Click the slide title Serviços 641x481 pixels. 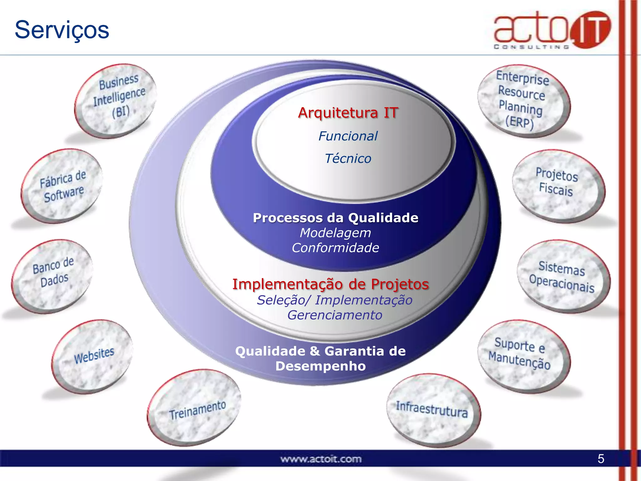tap(62, 30)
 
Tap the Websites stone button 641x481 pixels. tap(93, 356)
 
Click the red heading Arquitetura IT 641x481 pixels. tap(348, 113)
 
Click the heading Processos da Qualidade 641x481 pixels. tap(336, 218)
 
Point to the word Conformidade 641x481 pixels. tap(336, 248)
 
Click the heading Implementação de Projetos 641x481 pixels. tap(331, 284)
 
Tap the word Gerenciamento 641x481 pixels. tap(335, 315)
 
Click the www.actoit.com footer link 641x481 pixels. tap(321, 459)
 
